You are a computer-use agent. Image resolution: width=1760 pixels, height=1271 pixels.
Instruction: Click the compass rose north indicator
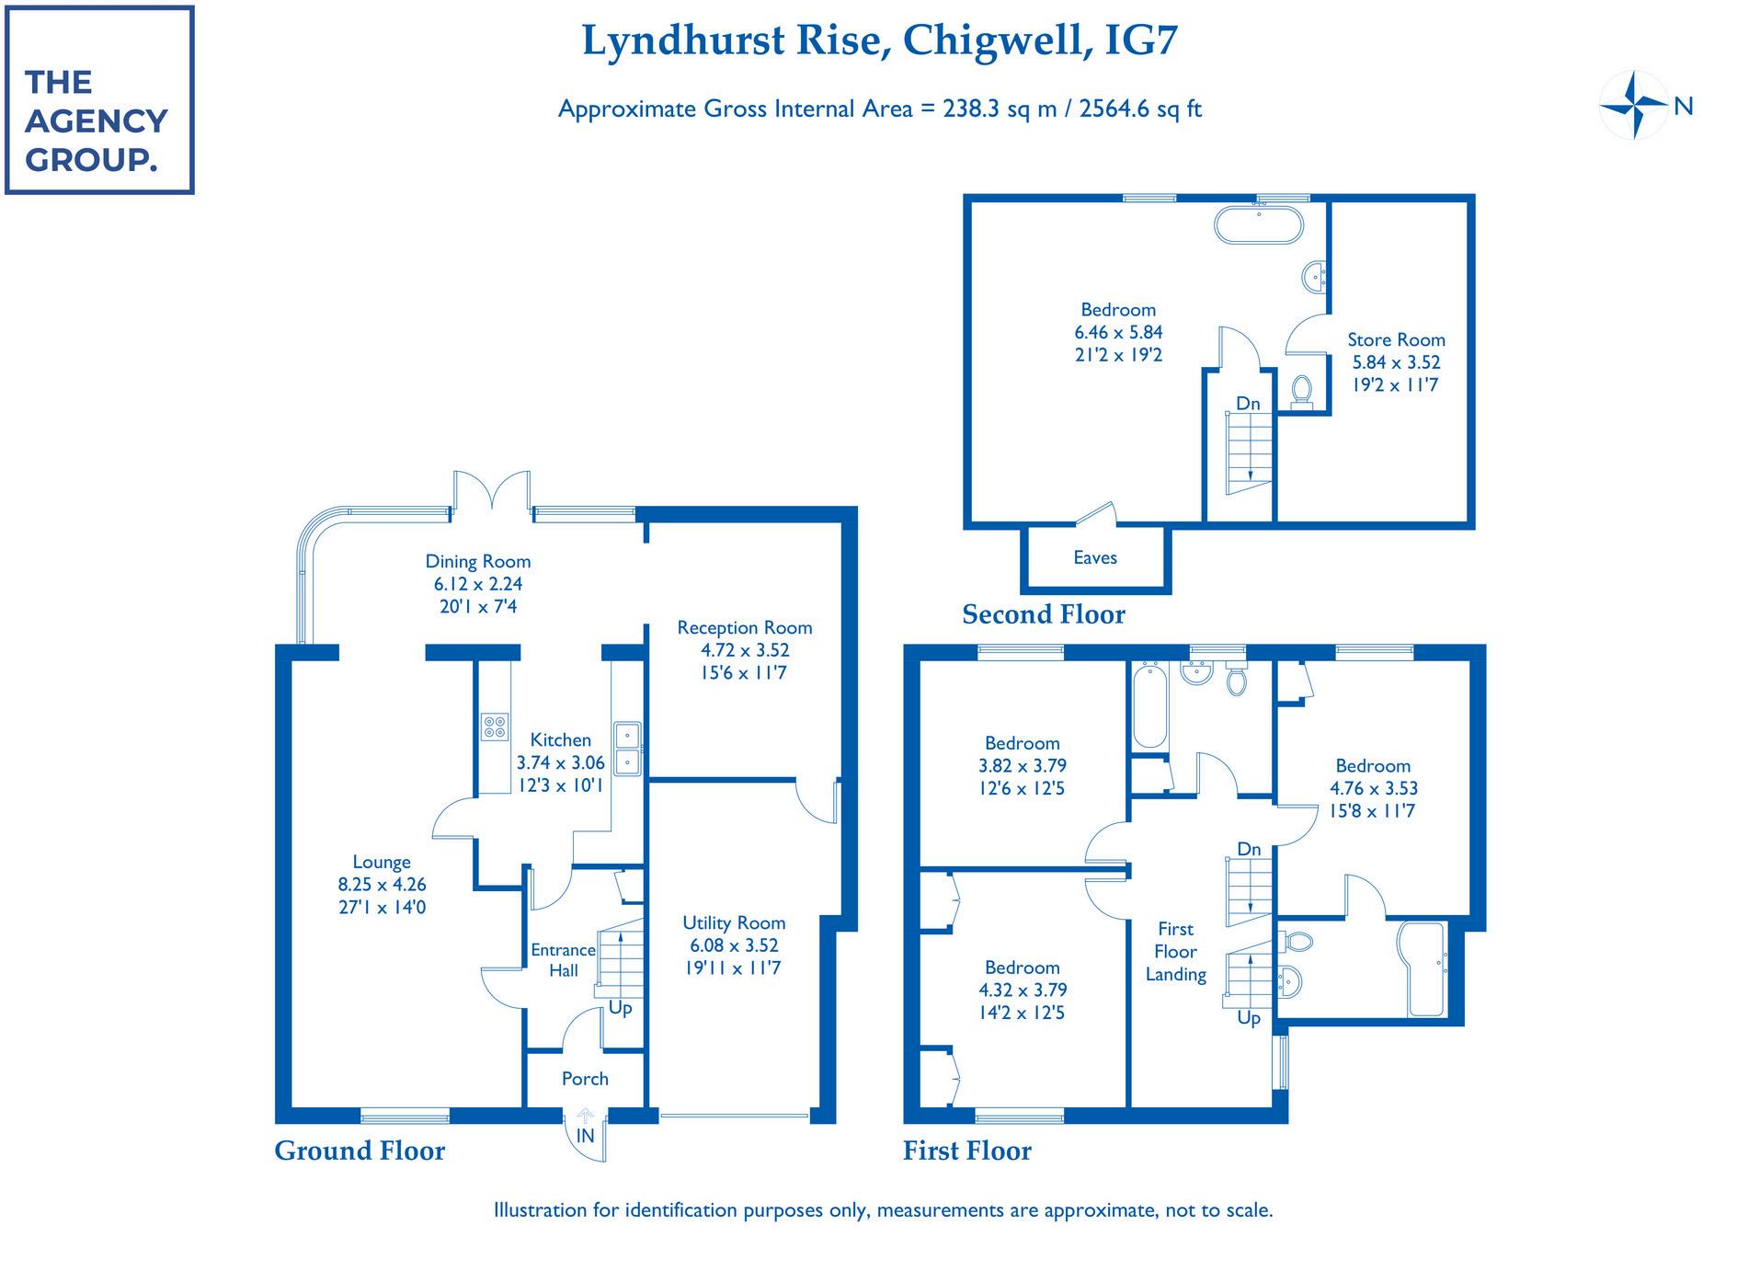click(x=1635, y=106)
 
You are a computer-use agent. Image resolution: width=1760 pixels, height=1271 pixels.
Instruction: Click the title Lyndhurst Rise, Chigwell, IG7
click(x=879, y=41)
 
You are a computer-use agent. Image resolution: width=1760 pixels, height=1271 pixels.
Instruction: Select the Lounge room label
click(x=382, y=863)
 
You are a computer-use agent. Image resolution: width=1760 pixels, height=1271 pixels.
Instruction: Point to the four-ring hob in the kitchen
click(x=494, y=727)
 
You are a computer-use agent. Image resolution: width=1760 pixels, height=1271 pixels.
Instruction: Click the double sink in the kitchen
click(x=629, y=749)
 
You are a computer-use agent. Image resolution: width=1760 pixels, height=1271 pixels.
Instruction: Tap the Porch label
click(x=585, y=1079)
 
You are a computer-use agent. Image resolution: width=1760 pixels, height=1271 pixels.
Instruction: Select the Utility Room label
click(x=734, y=923)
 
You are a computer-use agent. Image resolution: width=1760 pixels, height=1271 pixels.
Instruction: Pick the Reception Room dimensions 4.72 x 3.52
click(x=744, y=650)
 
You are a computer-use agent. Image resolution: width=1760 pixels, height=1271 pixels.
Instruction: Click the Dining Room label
click(x=477, y=562)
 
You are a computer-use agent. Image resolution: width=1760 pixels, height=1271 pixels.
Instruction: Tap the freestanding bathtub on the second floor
click(x=1259, y=224)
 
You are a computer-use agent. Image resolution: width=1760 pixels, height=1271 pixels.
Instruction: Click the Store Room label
click(x=1396, y=340)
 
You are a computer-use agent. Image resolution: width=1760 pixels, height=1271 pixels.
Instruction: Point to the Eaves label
click(x=1094, y=558)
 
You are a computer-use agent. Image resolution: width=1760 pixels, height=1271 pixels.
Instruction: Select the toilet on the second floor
click(x=1301, y=391)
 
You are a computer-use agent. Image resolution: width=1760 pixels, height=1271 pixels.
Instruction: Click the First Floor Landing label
click(x=1175, y=952)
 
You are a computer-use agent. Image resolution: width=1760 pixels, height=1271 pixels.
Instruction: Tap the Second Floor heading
click(x=1044, y=614)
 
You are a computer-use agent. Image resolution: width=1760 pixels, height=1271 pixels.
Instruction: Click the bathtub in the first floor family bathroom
click(x=1149, y=706)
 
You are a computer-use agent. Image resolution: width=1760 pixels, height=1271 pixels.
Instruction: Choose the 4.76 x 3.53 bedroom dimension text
click(x=1373, y=788)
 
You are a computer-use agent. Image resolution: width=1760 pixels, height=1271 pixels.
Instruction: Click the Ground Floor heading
click(x=360, y=1151)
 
